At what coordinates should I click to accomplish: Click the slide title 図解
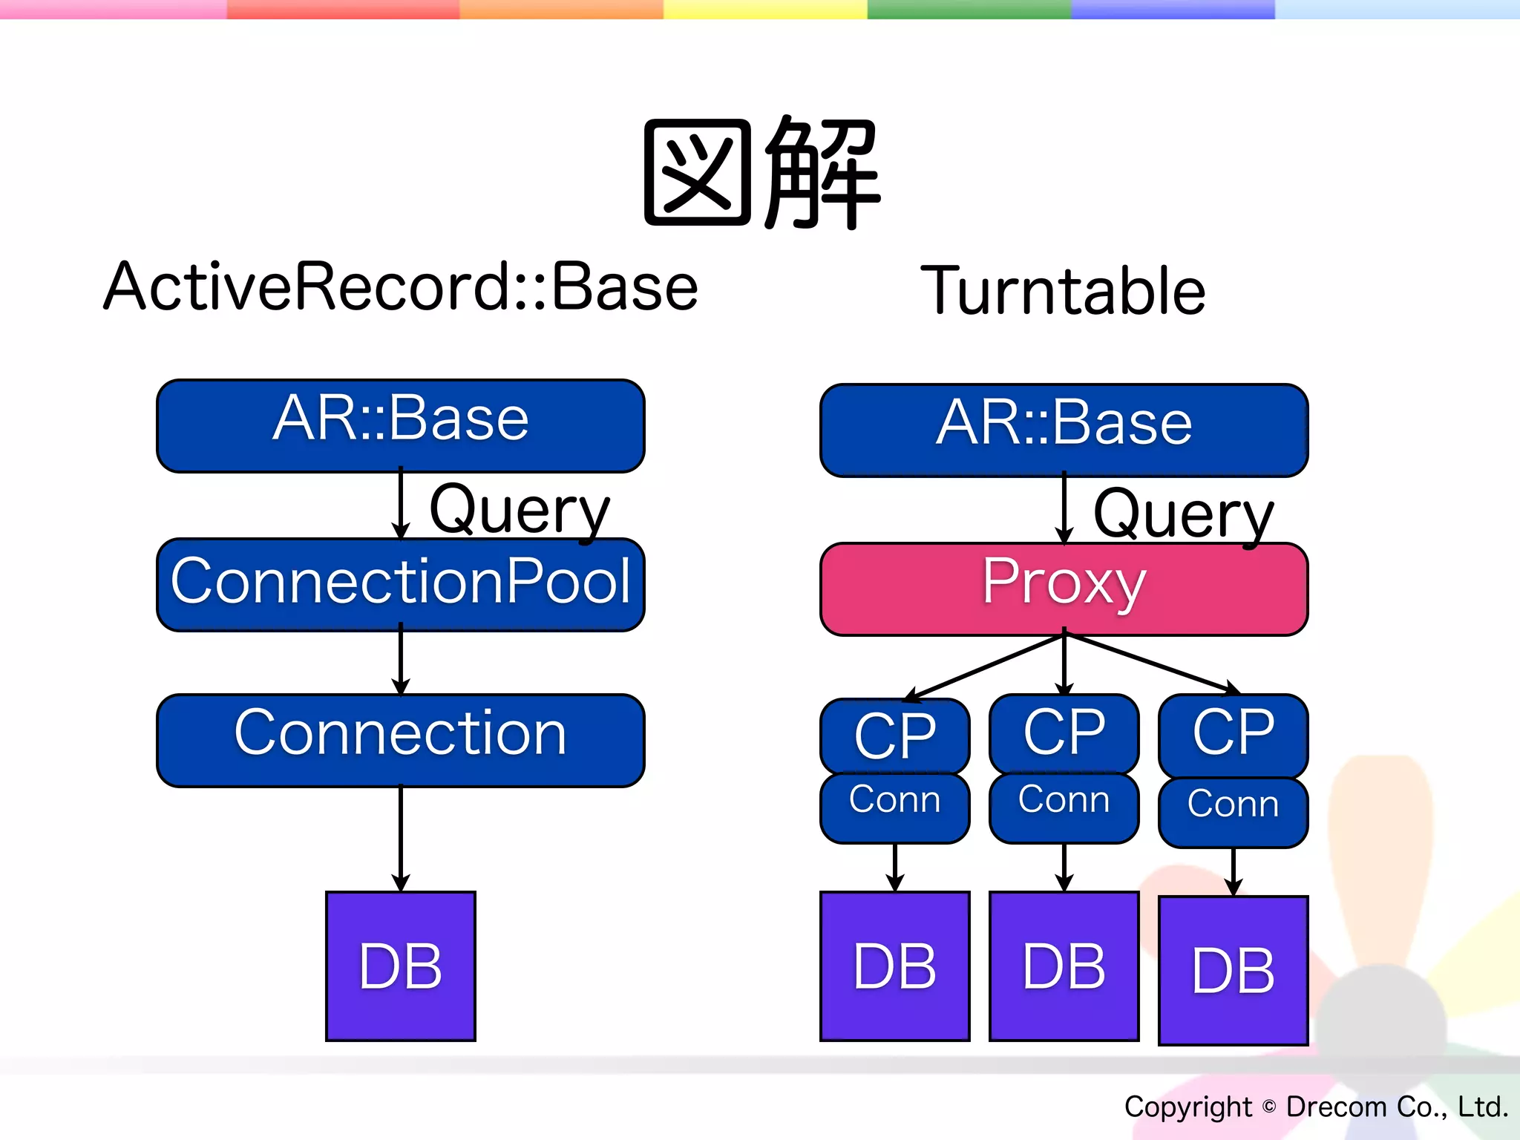pos(761,172)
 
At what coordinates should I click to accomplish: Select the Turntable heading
pos(1063,291)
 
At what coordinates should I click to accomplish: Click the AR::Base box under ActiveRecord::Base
pos(401,425)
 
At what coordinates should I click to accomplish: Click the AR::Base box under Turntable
pos(1064,430)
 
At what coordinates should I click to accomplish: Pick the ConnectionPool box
pos(401,585)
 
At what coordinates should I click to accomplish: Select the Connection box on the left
pos(401,740)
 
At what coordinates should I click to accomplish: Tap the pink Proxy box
pos(1064,589)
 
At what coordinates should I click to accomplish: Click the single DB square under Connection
pos(401,966)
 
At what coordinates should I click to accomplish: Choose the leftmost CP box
pos(894,736)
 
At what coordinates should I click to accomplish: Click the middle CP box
pos(1064,733)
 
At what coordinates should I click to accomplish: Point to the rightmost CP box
pos(1233,734)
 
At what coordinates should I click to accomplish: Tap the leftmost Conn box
pos(894,807)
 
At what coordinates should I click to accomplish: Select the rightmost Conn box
pos(1233,811)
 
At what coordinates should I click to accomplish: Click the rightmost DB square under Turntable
pos(1233,970)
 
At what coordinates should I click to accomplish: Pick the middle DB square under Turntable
pos(1064,966)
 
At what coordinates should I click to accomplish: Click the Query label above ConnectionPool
pos(520,509)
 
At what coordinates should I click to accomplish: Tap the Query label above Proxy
pos(1183,514)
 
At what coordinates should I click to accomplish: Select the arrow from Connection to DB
pos(401,839)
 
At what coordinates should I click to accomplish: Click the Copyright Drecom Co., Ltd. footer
pos(1315,1107)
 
